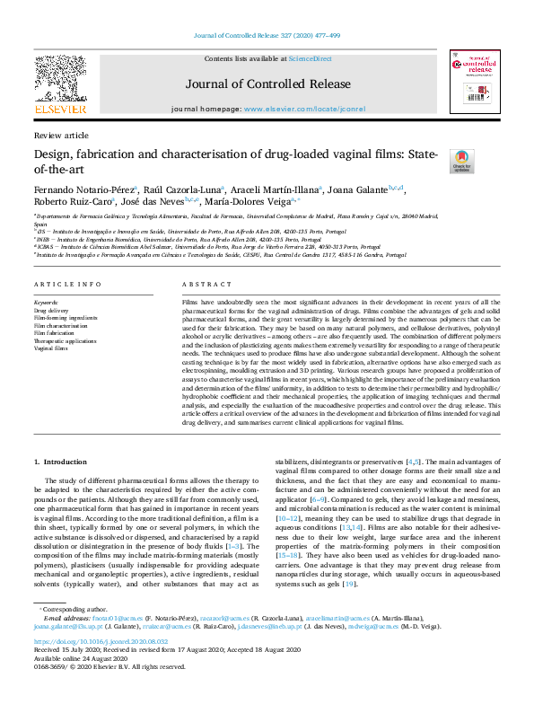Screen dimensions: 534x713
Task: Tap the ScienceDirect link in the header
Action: tap(310, 58)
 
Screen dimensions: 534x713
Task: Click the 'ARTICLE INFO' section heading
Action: tap(67, 284)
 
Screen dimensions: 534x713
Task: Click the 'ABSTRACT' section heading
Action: tap(200, 284)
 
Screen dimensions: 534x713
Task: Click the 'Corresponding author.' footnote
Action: tap(71, 633)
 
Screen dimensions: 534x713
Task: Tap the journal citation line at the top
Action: tap(267, 37)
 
